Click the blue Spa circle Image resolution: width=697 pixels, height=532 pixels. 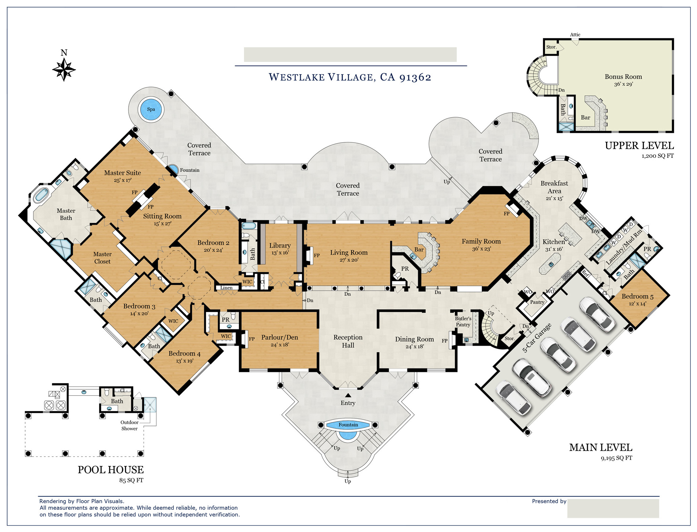(151, 109)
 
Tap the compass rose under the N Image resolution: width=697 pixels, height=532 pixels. (64, 70)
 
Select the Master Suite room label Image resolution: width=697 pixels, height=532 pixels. (123, 173)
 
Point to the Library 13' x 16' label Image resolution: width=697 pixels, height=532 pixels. (280, 248)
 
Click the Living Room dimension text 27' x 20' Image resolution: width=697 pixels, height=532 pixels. (349, 260)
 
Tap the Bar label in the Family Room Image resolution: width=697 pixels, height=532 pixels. (419, 250)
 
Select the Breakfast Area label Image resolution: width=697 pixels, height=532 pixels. (554, 187)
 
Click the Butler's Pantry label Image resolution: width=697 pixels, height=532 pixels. (463, 322)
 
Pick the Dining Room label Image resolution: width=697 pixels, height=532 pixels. (414, 339)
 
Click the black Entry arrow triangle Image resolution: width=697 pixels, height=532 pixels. (348, 395)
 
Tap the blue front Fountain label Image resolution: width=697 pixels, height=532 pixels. (348, 425)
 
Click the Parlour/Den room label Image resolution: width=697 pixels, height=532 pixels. (279, 337)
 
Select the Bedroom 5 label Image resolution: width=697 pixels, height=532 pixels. (637, 296)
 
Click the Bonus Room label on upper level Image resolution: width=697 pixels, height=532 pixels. (623, 77)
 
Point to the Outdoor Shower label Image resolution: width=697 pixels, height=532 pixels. (129, 426)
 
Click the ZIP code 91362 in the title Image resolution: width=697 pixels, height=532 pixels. (415, 78)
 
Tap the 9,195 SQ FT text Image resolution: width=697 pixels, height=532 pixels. (616, 458)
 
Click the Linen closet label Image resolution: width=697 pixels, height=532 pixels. (226, 288)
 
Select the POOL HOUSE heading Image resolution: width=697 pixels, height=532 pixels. (111, 470)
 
